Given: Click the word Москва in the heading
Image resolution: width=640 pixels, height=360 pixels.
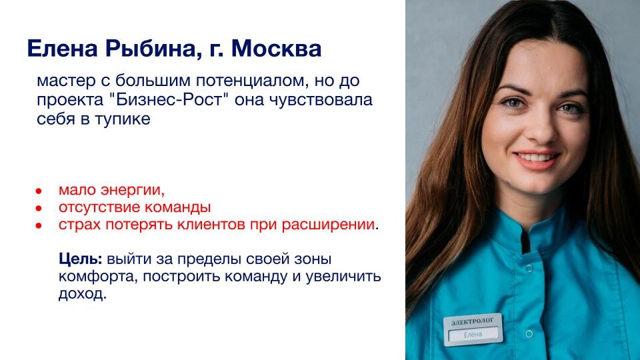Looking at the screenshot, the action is [276, 48].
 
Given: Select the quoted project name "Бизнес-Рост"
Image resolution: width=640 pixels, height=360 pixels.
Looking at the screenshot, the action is [171, 99].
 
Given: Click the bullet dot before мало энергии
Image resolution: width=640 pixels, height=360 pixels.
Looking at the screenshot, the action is [39, 191].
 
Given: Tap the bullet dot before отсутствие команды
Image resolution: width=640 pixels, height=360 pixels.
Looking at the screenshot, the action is [39, 208].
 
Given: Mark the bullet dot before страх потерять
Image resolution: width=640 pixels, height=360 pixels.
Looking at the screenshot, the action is [39, 225].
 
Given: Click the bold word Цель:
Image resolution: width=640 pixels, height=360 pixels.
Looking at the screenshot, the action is [81, 259].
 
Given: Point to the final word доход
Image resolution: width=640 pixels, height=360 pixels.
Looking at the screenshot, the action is [83, 294].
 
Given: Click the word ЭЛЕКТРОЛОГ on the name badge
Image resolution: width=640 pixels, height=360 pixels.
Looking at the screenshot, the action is [472, 321].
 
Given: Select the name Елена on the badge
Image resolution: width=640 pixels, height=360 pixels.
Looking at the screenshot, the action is [473, 335].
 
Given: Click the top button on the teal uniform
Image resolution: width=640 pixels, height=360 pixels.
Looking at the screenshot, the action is [529, 269].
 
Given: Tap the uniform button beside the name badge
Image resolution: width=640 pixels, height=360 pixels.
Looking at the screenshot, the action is [529, 334].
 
